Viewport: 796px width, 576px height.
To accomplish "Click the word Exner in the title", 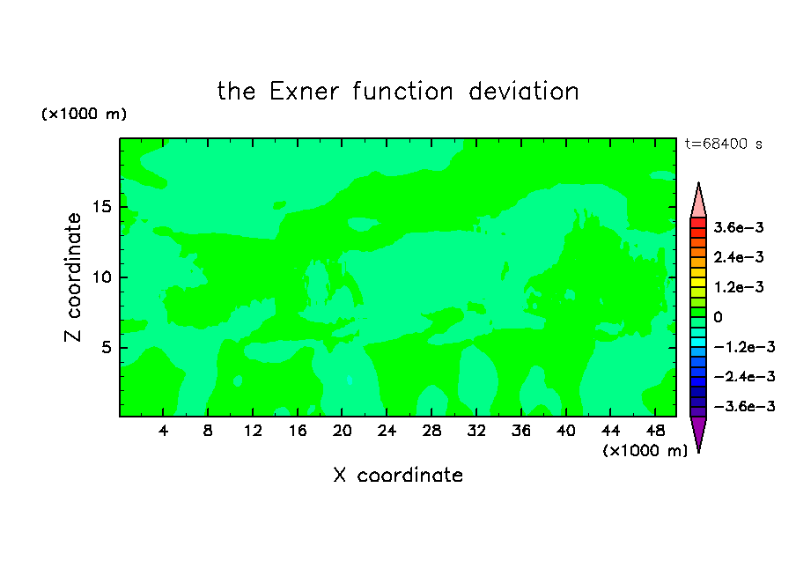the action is (304, 92).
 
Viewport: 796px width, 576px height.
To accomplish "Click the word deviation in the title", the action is (523, 92).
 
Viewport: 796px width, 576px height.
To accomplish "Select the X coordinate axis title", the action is (398, 475).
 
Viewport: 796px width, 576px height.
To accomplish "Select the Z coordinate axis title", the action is (72, 277).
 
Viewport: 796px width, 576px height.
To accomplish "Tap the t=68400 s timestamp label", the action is (724, 144).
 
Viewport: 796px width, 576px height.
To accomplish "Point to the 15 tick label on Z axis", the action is (102, 207).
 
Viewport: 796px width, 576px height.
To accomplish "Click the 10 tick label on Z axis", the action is (102, 277).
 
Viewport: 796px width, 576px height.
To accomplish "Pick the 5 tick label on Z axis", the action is (107, 347).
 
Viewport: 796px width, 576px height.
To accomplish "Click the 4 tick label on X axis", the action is (163, 431).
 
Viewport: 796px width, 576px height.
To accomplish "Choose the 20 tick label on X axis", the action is (342, 431).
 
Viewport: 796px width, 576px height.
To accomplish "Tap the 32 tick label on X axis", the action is (476, 431).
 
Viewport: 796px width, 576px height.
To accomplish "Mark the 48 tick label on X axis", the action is (655, 431).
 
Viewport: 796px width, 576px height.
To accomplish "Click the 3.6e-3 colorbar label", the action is (739, 227).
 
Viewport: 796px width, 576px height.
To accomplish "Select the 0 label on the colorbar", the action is (718, 317).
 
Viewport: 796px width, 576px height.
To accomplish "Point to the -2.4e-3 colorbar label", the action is (744, 377).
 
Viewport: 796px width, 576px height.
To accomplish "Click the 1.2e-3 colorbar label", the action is (739, 287).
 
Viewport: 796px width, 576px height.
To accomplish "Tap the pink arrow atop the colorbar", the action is (698, 201).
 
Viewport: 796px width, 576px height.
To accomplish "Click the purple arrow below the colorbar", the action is (698, 433).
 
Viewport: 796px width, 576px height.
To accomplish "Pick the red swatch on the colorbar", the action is (698, 223).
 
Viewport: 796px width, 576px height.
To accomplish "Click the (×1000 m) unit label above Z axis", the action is (84, 114).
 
